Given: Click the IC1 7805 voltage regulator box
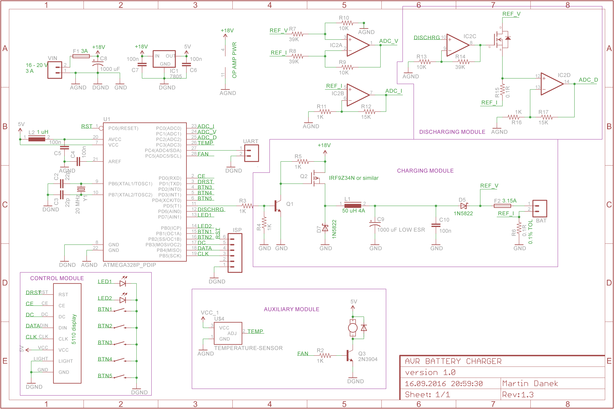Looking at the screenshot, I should pyautogui.click(x=164, y=59).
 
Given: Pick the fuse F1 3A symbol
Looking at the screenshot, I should pyautogui.click(x=81, y=56).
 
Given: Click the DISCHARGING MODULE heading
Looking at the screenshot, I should pyautogui.click(x=452, y=132).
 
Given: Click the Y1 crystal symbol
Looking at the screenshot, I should pyautogui.click(x=81, y=189).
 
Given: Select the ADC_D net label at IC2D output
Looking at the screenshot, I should pyautogui.click(x=588, y=80).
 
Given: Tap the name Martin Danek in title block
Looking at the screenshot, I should pyautogui.click(x=530, y=383).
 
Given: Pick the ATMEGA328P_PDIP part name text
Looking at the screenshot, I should pyautogui.click(x=130, y=265).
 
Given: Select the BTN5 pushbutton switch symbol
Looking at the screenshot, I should pyautogui.click(x=119, y=377).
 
